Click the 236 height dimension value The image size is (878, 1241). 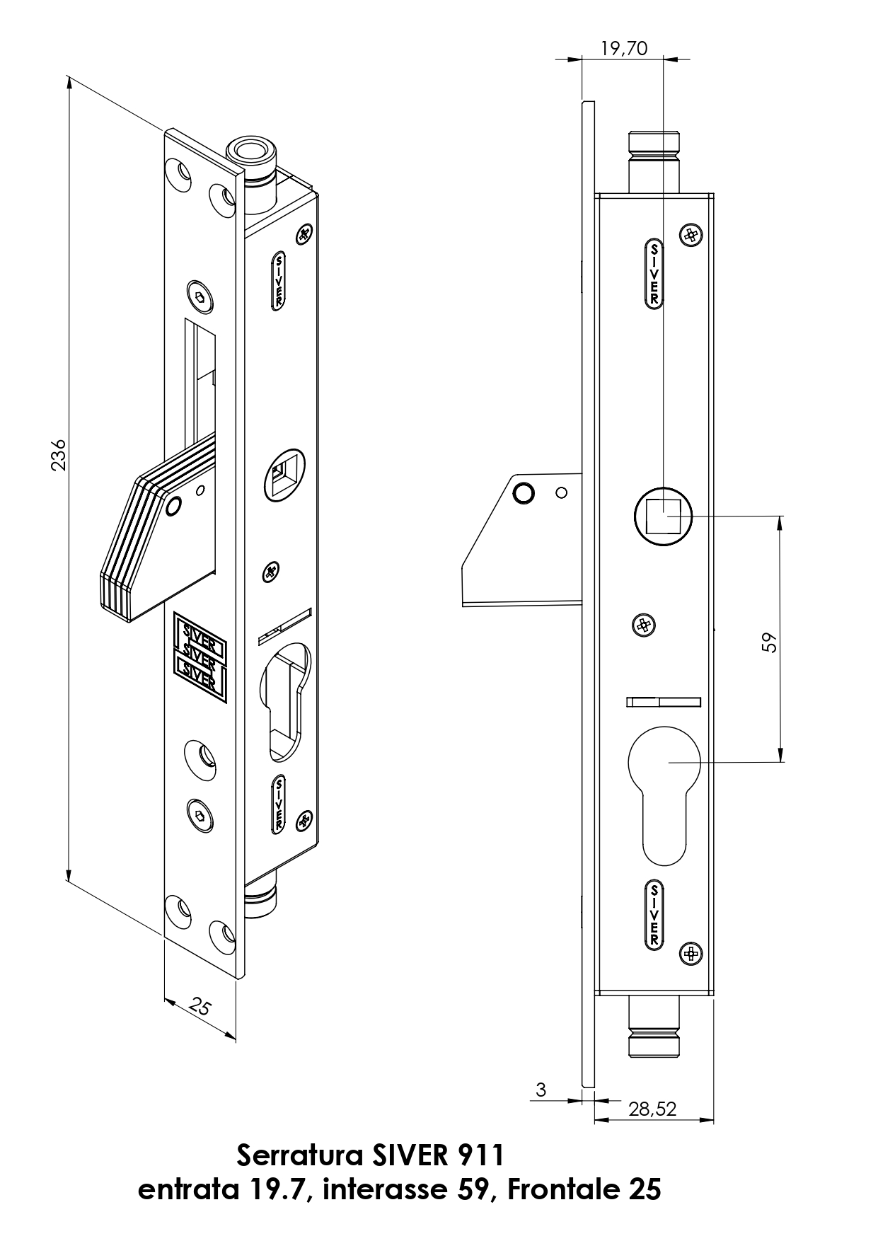pos(59,454)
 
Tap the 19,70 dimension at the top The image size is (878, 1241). pos(623,48)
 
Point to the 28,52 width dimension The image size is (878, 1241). pos(652,1109)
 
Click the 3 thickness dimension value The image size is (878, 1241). pos(541,1090)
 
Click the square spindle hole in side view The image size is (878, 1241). pos(663,515)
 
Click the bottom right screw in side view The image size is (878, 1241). pos(691,954)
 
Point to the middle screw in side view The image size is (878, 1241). pos(643,625)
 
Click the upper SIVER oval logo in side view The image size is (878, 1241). pos(654,274)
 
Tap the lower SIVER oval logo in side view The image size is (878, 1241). pos(654,914)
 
